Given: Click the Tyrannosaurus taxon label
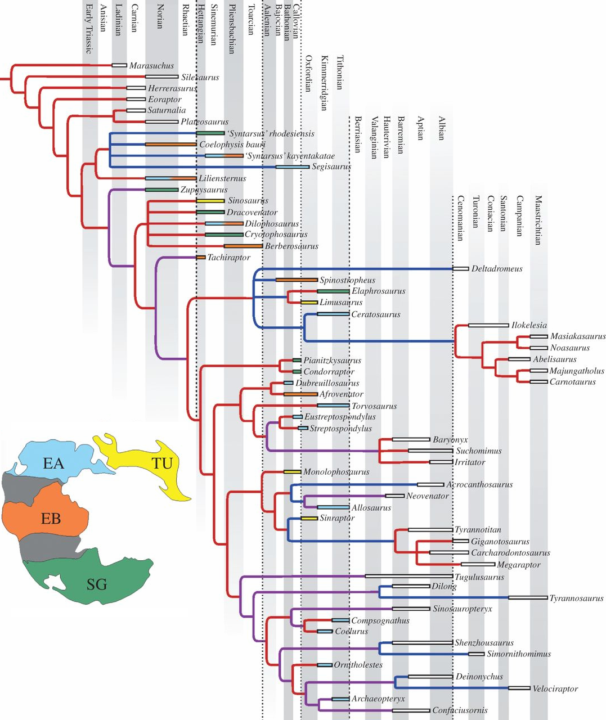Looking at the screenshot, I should [576, 598].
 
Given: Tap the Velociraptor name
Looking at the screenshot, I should [555, 688].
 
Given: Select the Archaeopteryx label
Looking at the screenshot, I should [378, 699].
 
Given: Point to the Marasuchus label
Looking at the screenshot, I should [151, 66].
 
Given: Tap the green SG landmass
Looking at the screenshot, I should [96, 584].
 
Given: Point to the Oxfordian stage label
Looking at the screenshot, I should [308, 73].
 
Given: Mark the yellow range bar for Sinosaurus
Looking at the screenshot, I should [210, 201].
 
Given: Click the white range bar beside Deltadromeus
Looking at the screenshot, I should [461, 269].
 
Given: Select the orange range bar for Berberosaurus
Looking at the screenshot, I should [243, 246].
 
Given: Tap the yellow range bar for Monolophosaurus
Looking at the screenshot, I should [293, 472].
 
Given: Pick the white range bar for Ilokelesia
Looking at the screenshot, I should [488, 325].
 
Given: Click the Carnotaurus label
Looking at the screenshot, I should [572, 382].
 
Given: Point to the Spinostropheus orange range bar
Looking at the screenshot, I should [297, 280].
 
